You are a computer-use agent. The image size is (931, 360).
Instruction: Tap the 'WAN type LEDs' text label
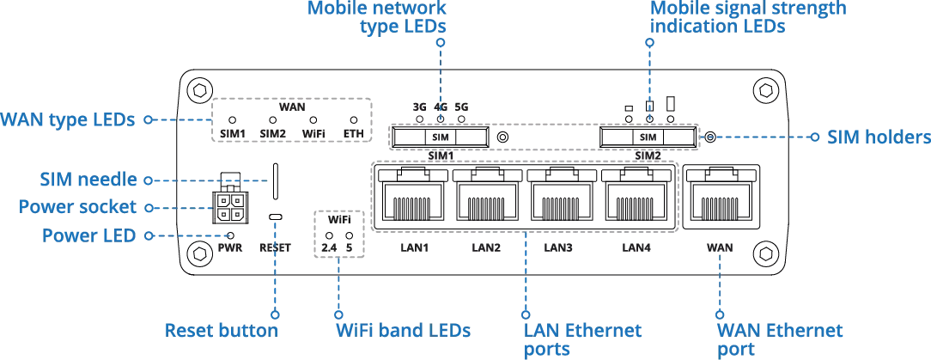pos(69,121)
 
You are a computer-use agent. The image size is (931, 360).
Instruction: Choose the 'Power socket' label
pos(76,207)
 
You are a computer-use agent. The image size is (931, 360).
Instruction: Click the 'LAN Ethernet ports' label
pos(571,339)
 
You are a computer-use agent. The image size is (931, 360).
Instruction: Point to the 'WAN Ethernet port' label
pos(768,339)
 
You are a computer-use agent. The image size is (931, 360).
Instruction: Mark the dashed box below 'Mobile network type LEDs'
pos(440,137)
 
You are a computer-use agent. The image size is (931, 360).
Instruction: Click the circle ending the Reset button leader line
pos(274,314)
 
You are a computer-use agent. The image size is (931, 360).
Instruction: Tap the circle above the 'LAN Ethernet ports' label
pos(525,314)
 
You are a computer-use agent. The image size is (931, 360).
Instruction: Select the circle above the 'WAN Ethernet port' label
pos(720,314)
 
